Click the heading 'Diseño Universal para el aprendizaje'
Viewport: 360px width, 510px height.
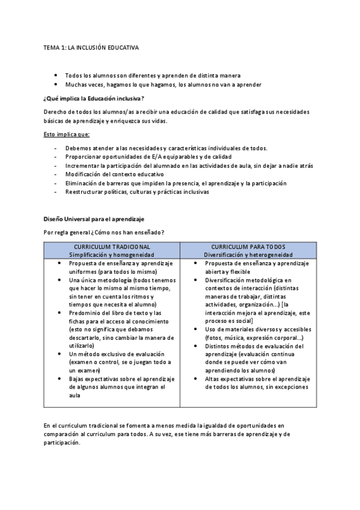click(93, 220)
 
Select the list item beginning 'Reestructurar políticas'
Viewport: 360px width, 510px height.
click(137, 192)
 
